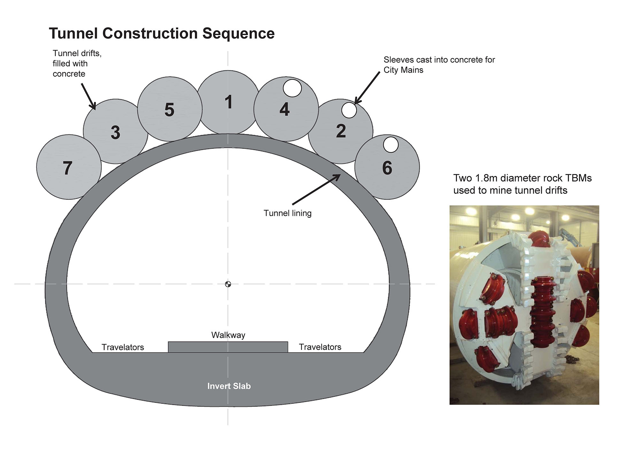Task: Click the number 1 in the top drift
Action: click(x=228, y=102)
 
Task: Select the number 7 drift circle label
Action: click(x=67, y=168)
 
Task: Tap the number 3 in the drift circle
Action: click(x=115, y=132)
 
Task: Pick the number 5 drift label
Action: click(x=169, y=110)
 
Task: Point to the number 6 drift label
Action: click(x=387, y=168)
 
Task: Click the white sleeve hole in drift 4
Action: click(x=292, y=88)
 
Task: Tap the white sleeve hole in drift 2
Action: click(x=349, y=110)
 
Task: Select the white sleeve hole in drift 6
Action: click(x=390, y=145)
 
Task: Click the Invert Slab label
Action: click(x=229, y=386)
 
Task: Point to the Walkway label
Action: click(x=228, y=335)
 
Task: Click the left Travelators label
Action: click(x=123, y=347)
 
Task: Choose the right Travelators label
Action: click(x=320, y=347)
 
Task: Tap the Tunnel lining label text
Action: click(x=287, y=213)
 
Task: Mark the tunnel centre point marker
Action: click(x=228, y=284)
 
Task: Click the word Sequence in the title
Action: click(x=238, y=34)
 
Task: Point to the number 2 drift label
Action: click(x=341, y=131)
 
